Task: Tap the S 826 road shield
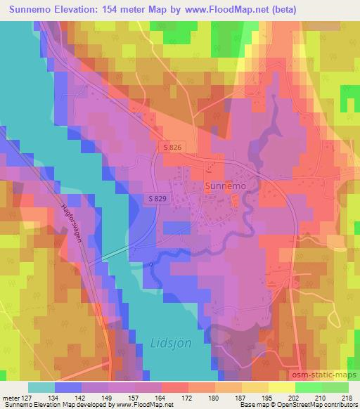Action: tap(174, 148)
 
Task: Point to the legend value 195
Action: tap(266, 397)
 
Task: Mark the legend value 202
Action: tap(292, 397)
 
